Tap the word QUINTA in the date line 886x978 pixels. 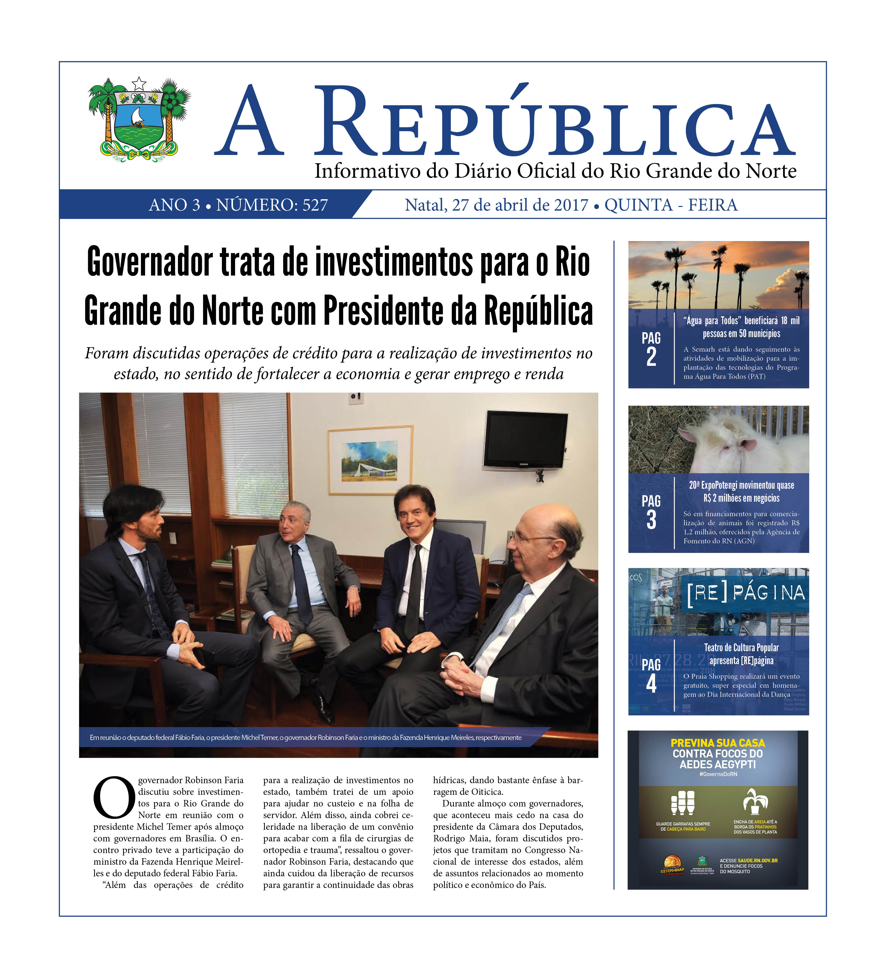638,205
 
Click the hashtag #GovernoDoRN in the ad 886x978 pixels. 718,774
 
